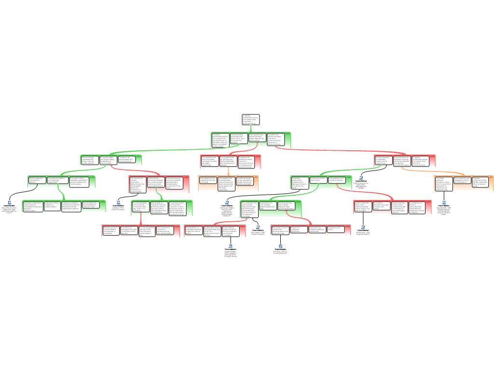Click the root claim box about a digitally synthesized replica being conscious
pyautogui.click(x=250, y=120)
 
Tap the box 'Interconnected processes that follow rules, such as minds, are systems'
pyautogui.click(x=239, y=139)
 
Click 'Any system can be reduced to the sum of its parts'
pyautogui.click(x=208, y=181)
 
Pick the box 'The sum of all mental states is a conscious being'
pyautogui.click(x=127, y=159)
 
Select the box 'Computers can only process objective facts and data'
pyautogui.click(x=268, y=206)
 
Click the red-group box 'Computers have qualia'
pyautogui.click(x=336, y=229)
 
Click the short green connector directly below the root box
pyautogui.click(x=250, y=128)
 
